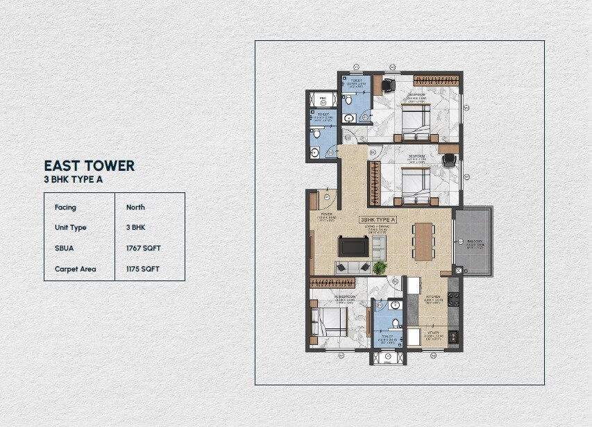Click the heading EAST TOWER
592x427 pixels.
point(89,165)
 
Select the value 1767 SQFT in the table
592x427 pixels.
point(144,248)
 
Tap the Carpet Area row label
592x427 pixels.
point(75,269)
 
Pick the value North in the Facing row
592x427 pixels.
point(135,207)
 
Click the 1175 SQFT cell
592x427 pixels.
point(144,269)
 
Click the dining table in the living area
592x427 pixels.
point(422,239)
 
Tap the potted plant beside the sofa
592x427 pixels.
point(379,267)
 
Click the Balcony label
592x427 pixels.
point(475,242)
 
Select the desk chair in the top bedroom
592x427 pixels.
point(387,85)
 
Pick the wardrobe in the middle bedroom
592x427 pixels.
point(375,181)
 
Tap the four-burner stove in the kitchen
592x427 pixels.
point(454,298)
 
